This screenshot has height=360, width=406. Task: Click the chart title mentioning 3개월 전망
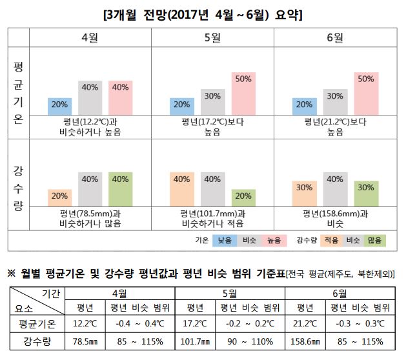pyautogui.click(x=203, y=13)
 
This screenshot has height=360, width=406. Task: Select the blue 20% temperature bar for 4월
pyautogui.click(x=59, y=106)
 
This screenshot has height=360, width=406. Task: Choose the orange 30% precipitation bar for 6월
pyautogui.click(x=305, y=192)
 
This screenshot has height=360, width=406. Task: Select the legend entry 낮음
pyautogui.click(x=225, y=240)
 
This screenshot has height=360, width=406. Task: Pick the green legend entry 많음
pyautogui.click(x=374, y=240)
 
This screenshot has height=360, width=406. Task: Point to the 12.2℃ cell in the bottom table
pyautogui.click(x=85, y=323)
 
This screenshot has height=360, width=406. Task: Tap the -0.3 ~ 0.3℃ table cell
pyautogui.click(x=361, y=323)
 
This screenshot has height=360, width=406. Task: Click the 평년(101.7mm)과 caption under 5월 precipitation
pyautogui.click(x=212, y=214)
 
